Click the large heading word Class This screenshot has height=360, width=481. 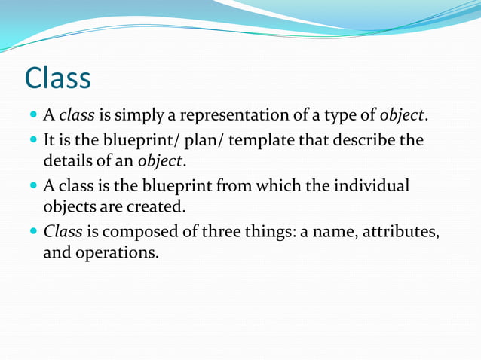pyautogui.click(x=58, y=78)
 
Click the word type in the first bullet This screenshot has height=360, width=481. pyautogui.click(x=336, y=116)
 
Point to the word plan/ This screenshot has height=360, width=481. pyautogui.click(x=207, y=141)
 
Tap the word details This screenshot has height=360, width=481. pyautogui.click(x=67, y=161)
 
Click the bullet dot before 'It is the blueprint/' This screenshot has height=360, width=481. pyautogui.click(x=34, y=141)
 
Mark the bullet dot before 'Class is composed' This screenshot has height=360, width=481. pyautogui.click(x=34, y=231)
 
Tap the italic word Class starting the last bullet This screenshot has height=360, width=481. pyautogui.click(x=63, y=230)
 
